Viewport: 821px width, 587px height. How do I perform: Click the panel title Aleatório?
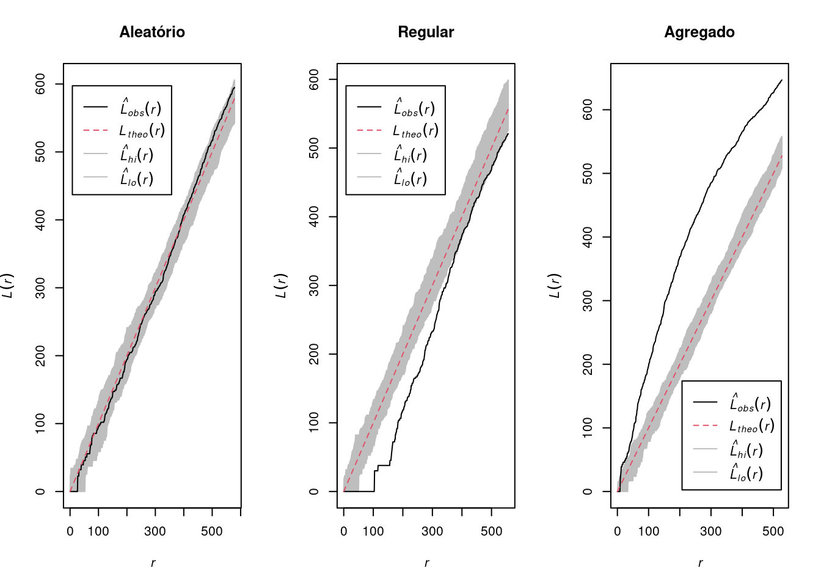[x=152, y=32]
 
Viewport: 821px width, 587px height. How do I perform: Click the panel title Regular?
[x=426, y=32]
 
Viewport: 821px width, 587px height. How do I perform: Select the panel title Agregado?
[x=699, y=32]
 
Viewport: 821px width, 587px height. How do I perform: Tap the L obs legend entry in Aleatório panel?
[x=140, y=108]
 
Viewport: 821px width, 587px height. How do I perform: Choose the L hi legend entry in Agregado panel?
[x=746, y=450]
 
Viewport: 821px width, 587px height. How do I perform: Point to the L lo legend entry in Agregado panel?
[x=746, y=473]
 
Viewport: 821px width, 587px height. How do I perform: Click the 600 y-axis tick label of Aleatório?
[x=40, y=84]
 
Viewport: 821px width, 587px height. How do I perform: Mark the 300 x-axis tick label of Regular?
[x=432, y=531]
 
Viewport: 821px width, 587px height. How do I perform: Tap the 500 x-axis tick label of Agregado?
[x=773, y=531]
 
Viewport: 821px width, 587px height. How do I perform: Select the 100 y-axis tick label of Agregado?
[x=588, y=428]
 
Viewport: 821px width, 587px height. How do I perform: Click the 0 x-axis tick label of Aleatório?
[x=70, y=531]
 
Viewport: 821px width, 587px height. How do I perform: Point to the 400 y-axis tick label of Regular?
[x=314, y=216]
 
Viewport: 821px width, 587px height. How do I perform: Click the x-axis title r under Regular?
[x=426, y=563]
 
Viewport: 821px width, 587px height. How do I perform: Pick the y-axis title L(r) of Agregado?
[x=555, y=286]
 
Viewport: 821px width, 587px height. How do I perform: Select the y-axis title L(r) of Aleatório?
[x=7, y=286]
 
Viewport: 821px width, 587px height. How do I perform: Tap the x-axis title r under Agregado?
[x=700, y=563]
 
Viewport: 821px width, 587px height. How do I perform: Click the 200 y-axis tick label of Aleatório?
[x=40, y=356]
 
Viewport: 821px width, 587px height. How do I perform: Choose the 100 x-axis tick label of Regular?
[x=373, y=531]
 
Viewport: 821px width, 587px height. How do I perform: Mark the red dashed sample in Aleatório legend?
[x=96, y=130]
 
